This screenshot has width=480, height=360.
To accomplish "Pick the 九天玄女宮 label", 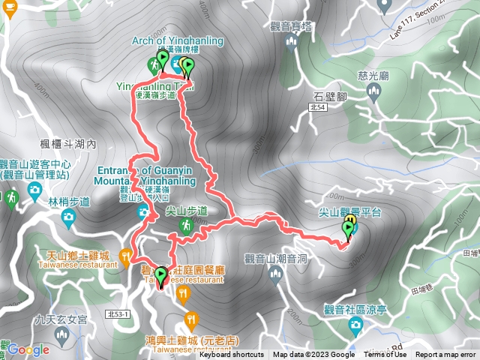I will tap(61, 319).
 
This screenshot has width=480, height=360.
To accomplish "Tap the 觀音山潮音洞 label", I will tap(276, 259).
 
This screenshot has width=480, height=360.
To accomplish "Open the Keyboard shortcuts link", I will tap(232, 355).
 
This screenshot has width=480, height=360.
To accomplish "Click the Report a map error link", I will tap(446, 355).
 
